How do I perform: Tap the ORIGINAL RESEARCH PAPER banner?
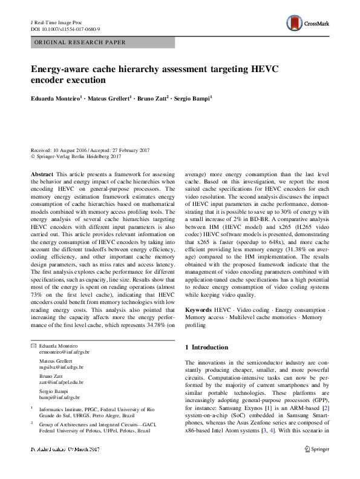tap(80, 43)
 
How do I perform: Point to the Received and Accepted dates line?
tap(90, 151)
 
